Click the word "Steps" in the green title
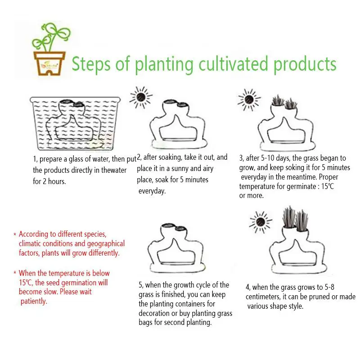pyautogui.click(x=91, y=64)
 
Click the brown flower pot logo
pyautogui.click(x=49, y=63)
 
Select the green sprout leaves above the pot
pyautogui.click(x=51, y=37)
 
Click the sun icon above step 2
pyautogui.click(x=141, y=97)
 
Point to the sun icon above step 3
pyautogui.click(x=249, y=99)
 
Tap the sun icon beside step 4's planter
pyautogui.click(x=261, y=222)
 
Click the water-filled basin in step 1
pyautogui.click(x=75, y=123)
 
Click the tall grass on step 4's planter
pyautogui.click(x=296, y=219)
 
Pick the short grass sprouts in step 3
pyautogui.click(x=285, y=102)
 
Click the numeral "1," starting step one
pyautogui.click(x=35, y=159)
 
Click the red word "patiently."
pyautogui.click(x=34, y=301)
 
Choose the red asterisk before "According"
pyautogui.click(x=15, y=234)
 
